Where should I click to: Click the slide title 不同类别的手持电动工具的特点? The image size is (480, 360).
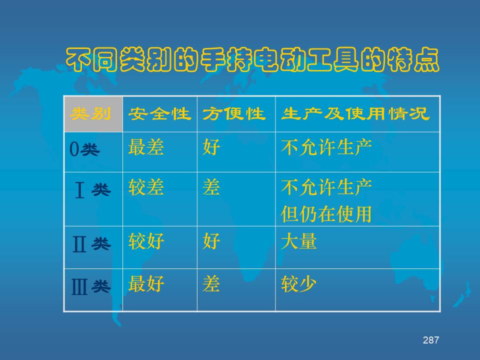pos(252,59)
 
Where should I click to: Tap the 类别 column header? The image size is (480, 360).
pos(90,114)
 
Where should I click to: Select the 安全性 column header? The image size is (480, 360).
pos(159,114)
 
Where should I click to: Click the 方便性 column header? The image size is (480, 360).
pos(234,114)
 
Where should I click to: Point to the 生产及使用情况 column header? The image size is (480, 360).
pos(355,114)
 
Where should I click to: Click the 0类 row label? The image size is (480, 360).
pos(84,149)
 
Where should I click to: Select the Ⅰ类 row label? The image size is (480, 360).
pos(93,190)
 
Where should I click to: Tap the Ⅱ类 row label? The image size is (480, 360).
pos(91,244)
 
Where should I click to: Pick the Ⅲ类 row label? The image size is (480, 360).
pos(91,287)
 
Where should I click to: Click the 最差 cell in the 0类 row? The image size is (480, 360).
pos(146,147)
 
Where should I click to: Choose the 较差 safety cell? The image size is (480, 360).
pos(146,187)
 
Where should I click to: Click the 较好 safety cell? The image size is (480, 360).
pos(146,241)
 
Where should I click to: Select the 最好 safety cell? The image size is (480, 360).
pos(146,284)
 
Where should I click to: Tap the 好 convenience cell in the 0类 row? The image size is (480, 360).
pos(211,147)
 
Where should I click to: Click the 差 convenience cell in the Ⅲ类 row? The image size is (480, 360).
pos(211,284)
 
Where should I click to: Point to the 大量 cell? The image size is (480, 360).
pos(299,241)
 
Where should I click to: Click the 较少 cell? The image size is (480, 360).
pos(299,284)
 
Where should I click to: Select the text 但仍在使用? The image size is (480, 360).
pos(326,214)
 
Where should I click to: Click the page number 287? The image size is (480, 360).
pos(431,340)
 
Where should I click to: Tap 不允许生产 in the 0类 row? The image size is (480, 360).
pos(326,147)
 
